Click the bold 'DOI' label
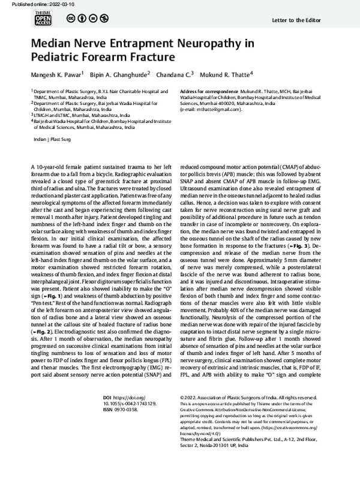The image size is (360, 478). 107,396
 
